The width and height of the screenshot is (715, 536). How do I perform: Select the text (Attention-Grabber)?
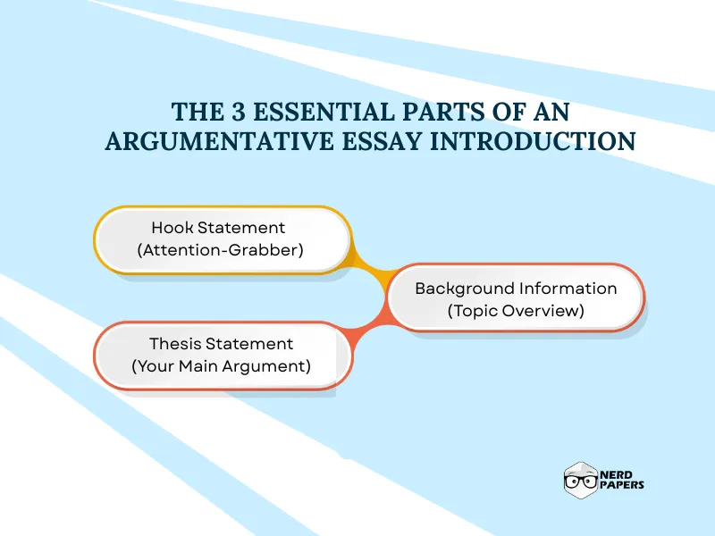click(x=221, y=250)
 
